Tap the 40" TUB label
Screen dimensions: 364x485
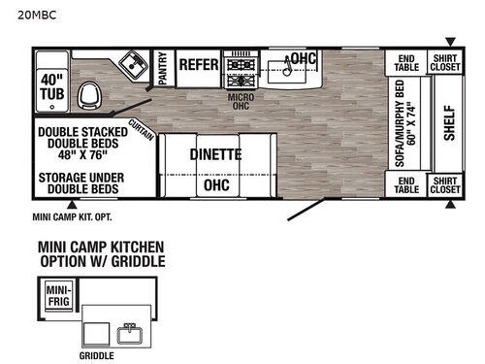[51, 86]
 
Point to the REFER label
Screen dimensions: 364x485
[198, 62]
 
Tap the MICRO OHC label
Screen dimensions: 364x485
[241, 100]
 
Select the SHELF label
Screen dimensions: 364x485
[449, 121]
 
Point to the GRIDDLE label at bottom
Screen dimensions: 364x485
[97, 354]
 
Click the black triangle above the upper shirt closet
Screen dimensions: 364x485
[448, 42]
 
